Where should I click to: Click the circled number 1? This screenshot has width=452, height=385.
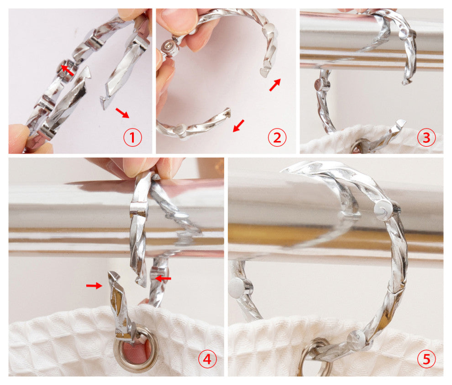(x=132, y=137)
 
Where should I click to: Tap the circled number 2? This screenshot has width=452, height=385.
(x=277, y=137)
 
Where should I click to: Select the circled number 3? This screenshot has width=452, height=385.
(x=426, y=137)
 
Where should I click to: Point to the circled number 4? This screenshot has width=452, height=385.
(x=207, y=359)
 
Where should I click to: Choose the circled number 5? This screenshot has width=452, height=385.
(x=426, y=359)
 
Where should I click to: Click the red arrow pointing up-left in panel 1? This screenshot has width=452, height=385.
(x=67, y=70)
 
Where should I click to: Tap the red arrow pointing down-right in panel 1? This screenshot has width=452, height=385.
(x=122, y=113)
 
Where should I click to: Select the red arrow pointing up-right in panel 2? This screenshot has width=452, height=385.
(x=275, y=85)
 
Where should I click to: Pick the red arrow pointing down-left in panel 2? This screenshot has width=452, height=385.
(x=238, y=126)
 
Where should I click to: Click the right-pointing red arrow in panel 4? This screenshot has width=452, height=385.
(x=94, y=286)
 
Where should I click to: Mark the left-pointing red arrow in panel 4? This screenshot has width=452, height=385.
(x=163, y=278)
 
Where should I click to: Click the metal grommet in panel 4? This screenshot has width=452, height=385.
(x=136, y=348)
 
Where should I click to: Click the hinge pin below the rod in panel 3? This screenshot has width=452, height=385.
(x=321, y=85)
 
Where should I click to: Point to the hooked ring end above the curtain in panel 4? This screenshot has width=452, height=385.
(x=113, y=277)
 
